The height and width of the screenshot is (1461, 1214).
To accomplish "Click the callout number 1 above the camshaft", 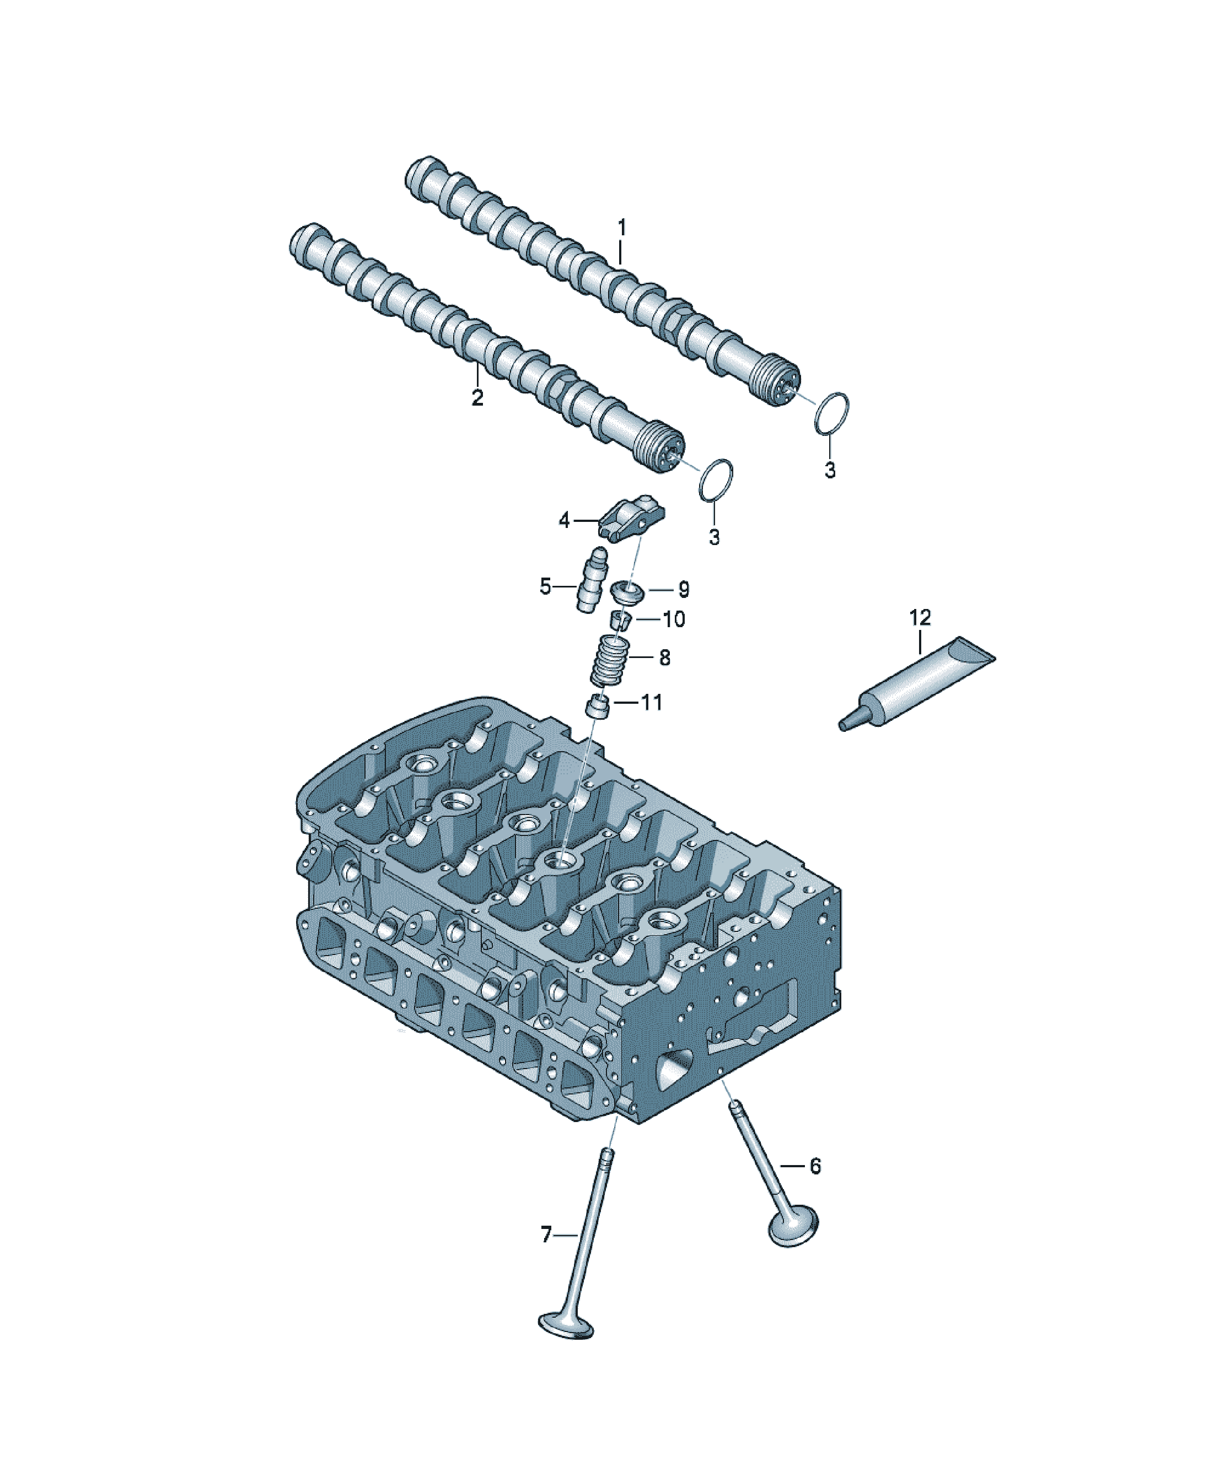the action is [x=622, y=228].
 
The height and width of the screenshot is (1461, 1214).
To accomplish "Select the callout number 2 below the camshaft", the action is [x=477, y=398].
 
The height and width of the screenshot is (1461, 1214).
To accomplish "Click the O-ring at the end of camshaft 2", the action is [x=716, y=480].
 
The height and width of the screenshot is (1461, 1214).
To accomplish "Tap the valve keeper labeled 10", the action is [x=622, y=618].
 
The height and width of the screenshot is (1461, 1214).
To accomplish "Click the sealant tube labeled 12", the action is [x=917, y=684].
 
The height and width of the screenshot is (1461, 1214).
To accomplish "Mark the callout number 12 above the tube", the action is [x=920, y=618].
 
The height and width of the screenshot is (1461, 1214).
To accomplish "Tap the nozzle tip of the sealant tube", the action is [x=843, y=726].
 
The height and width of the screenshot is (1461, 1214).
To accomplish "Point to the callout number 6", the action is [x=815, y=1166].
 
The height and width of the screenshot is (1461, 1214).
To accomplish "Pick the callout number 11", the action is [x=652, y=703].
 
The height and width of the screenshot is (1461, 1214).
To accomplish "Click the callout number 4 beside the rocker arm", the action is [x=565, y=520].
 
